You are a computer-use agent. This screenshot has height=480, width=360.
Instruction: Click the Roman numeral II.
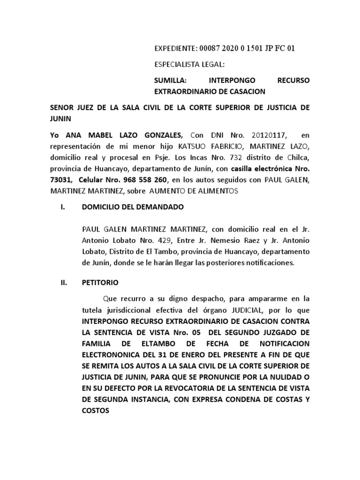65,283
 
